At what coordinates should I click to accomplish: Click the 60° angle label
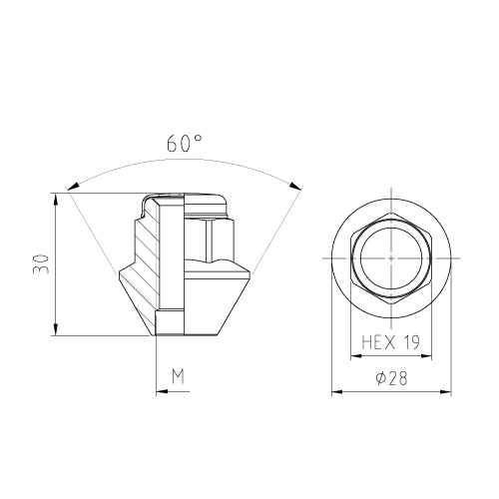185,143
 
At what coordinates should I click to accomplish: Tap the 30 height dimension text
41,263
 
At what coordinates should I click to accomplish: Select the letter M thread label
178,376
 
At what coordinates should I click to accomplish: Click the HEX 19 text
391,342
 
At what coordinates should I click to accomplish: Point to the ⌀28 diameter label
391,378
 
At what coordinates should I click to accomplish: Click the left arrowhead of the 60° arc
73,187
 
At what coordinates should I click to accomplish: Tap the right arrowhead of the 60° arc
295,186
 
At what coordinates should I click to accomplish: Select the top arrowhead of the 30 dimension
56,199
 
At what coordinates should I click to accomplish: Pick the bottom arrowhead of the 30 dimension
56,329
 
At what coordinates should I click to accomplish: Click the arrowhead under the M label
162,391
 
